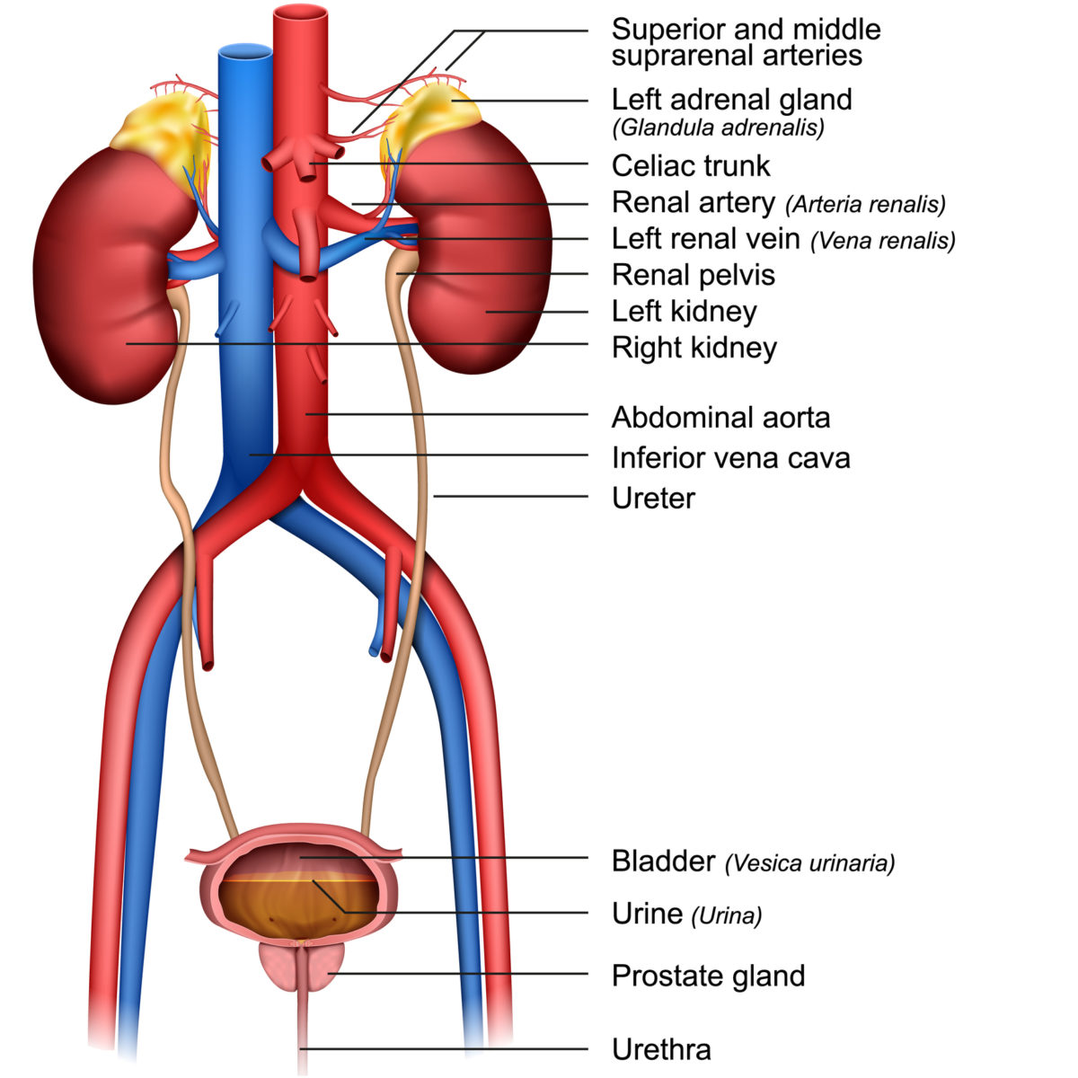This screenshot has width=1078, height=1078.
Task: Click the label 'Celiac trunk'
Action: click(x=690, y=166)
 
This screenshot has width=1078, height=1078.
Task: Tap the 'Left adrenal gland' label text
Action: click(x=731, y=99)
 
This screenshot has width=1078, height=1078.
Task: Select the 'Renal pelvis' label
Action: click(x=693, y=275)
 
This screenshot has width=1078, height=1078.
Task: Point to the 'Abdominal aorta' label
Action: click(x=720, y=418)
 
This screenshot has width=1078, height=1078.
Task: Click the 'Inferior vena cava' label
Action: click(x=730, y=458)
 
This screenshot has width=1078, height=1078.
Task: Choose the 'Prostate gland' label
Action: click(x=708, y=976)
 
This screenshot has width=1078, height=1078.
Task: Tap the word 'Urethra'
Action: click(x=661, y=1049)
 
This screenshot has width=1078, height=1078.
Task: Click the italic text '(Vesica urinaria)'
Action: click(x=810, y=863)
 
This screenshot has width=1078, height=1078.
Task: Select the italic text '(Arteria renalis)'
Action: click(x=865, y=205)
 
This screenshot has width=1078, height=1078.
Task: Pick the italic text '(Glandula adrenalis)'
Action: click(x=718, y=128)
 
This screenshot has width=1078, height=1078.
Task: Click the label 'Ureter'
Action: click(x=653, y=499)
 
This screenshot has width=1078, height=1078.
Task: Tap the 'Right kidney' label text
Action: click(x=694, y=348)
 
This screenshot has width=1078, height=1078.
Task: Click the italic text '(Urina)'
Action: click(x=726, y=915)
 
